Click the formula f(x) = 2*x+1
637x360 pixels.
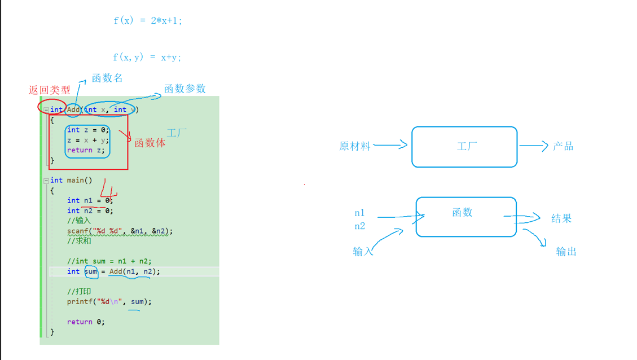147,21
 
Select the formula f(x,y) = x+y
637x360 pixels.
147,57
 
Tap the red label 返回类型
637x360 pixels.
50,90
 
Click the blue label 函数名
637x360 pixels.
107,78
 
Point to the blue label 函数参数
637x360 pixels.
184,89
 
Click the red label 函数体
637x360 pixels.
150,143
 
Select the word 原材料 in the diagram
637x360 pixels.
355,146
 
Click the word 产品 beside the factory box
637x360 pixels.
563,146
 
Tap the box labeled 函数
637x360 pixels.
466,217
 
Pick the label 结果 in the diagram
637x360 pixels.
561,218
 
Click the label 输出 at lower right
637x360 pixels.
566,252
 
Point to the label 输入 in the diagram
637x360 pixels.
363,252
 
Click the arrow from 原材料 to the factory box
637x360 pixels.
390,145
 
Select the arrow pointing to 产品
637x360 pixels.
533,146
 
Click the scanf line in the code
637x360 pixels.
120,231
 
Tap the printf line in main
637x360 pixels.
109,302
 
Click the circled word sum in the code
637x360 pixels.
91,271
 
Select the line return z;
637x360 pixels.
86,150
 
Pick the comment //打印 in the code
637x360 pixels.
79,292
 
